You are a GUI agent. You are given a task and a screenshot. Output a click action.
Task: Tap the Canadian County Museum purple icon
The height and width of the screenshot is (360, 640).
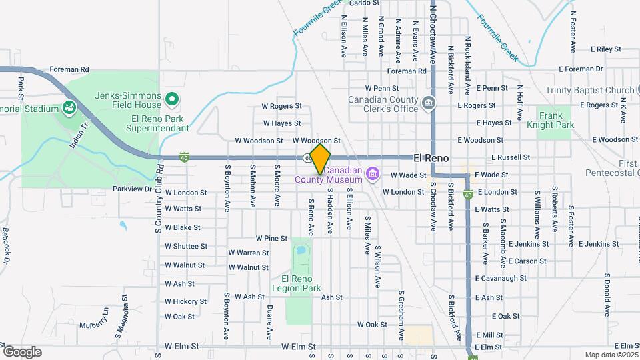coord(373,175)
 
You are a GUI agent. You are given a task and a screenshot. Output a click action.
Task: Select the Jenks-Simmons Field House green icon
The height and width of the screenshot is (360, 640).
coord(172,100)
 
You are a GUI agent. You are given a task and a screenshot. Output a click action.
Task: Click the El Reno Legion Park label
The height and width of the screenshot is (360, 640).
coord(297,283)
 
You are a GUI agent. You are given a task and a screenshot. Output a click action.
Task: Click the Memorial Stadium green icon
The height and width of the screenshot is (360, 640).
coord(69,107)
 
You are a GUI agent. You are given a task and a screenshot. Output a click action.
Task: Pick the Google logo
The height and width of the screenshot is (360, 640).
coord(22,351)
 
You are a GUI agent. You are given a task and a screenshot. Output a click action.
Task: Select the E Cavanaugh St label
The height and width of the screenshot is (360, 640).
coord(501,278)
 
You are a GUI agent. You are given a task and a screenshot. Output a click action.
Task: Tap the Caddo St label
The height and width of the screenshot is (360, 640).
coord(359,3)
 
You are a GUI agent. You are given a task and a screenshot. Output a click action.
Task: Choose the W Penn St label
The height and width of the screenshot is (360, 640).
coord(381,88)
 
